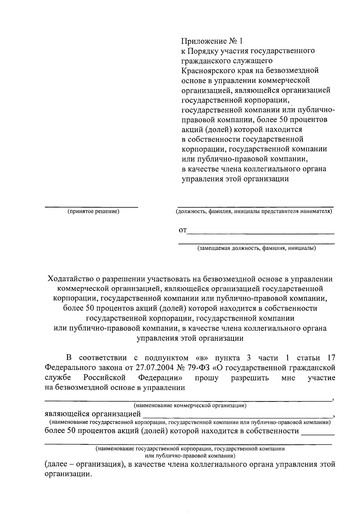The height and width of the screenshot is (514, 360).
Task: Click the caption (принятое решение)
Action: coord(93,212)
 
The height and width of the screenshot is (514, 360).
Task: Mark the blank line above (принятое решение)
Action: coord(91,207)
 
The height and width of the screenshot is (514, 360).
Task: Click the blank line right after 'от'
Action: coord(260,233)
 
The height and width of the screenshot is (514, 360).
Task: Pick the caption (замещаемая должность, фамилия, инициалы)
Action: coord(256,248)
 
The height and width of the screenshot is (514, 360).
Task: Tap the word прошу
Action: coord(207,377)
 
